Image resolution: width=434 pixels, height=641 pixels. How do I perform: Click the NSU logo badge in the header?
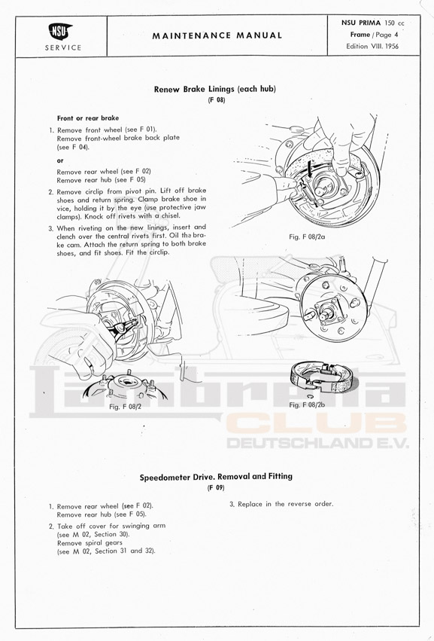pyautogui.click(x=61, y=32)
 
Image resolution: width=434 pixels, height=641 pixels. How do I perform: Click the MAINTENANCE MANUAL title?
pyautogui.click(x=217, y=35)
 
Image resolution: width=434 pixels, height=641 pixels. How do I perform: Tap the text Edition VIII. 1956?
pyautogui.click(x=372, y=46)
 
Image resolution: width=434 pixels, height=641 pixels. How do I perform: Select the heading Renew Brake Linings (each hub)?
pyautogui.click(x=215, y=89)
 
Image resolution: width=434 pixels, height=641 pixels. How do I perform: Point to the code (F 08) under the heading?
pyautogui.click(x=217, y=100)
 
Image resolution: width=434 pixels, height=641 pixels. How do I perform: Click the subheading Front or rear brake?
pyautogui.click(x=88, y=118)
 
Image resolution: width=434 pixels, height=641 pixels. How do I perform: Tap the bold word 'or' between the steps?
pyautogui.click(x=60, y=160)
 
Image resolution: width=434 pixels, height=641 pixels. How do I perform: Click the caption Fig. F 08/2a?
pyautogui.click(x=307, y=237)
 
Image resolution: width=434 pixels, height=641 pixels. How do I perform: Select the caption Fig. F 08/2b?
pyautogui.click(x=307, y=404)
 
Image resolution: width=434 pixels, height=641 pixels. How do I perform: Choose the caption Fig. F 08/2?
pyautogui.click(x=126, y=407)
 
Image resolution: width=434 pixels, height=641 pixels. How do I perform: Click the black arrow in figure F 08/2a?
pyautogui.click(x=310, y=169)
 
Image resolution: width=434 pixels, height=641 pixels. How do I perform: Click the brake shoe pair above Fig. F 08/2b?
pyautogui.click(x=321, y=377)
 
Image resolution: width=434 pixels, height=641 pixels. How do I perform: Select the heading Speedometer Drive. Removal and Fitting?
pyautogui.click(x=216, y=477)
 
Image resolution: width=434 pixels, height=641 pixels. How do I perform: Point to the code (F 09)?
pyautogui.click(x=216, y=487)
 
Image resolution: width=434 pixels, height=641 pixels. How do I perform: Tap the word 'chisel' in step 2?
pyautogui.click(x=168, y=216)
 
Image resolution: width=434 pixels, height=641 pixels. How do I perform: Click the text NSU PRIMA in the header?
pyautogui.click(x=361, y=23)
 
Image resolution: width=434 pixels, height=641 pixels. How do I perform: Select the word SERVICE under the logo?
pyautogui.click(x=63, y=47)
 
